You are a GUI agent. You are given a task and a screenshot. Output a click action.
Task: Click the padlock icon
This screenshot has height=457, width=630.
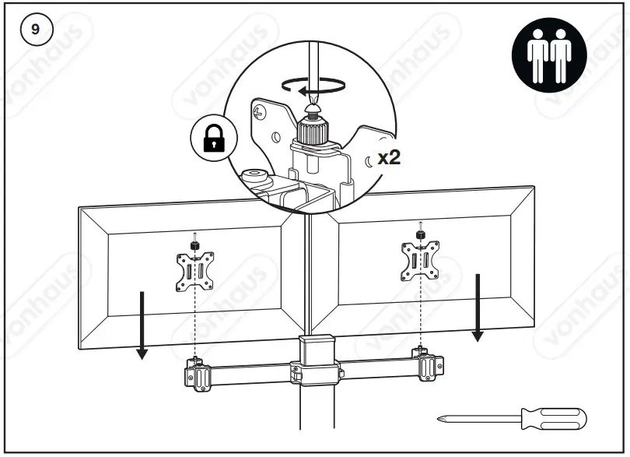tap(213, 139)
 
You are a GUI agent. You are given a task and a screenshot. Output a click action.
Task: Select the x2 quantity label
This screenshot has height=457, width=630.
tap(388, 157)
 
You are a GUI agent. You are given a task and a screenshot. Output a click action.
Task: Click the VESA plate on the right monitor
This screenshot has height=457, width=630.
tap(419, 261)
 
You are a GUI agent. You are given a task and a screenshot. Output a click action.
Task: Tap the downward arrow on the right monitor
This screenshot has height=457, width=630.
tap(478, 308)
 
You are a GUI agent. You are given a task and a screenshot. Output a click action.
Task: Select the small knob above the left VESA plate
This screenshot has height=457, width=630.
tap(195, 245)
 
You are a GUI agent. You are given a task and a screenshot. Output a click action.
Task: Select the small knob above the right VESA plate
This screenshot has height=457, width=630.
tap(419, 234)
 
